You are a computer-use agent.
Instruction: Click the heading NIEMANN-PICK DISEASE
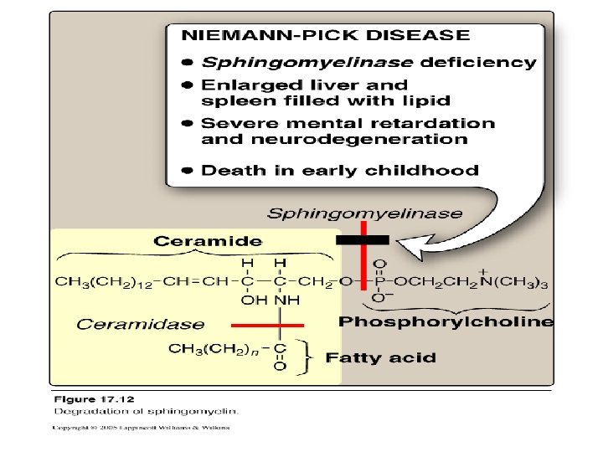pos(326,35)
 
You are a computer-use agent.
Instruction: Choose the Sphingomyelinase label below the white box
pos(364,213)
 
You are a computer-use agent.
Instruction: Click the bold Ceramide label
pos(208,241)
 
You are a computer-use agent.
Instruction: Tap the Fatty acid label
pos(380,357)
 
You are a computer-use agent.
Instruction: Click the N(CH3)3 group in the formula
pos(516,281)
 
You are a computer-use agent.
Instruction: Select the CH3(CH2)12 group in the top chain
pos(100,281)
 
